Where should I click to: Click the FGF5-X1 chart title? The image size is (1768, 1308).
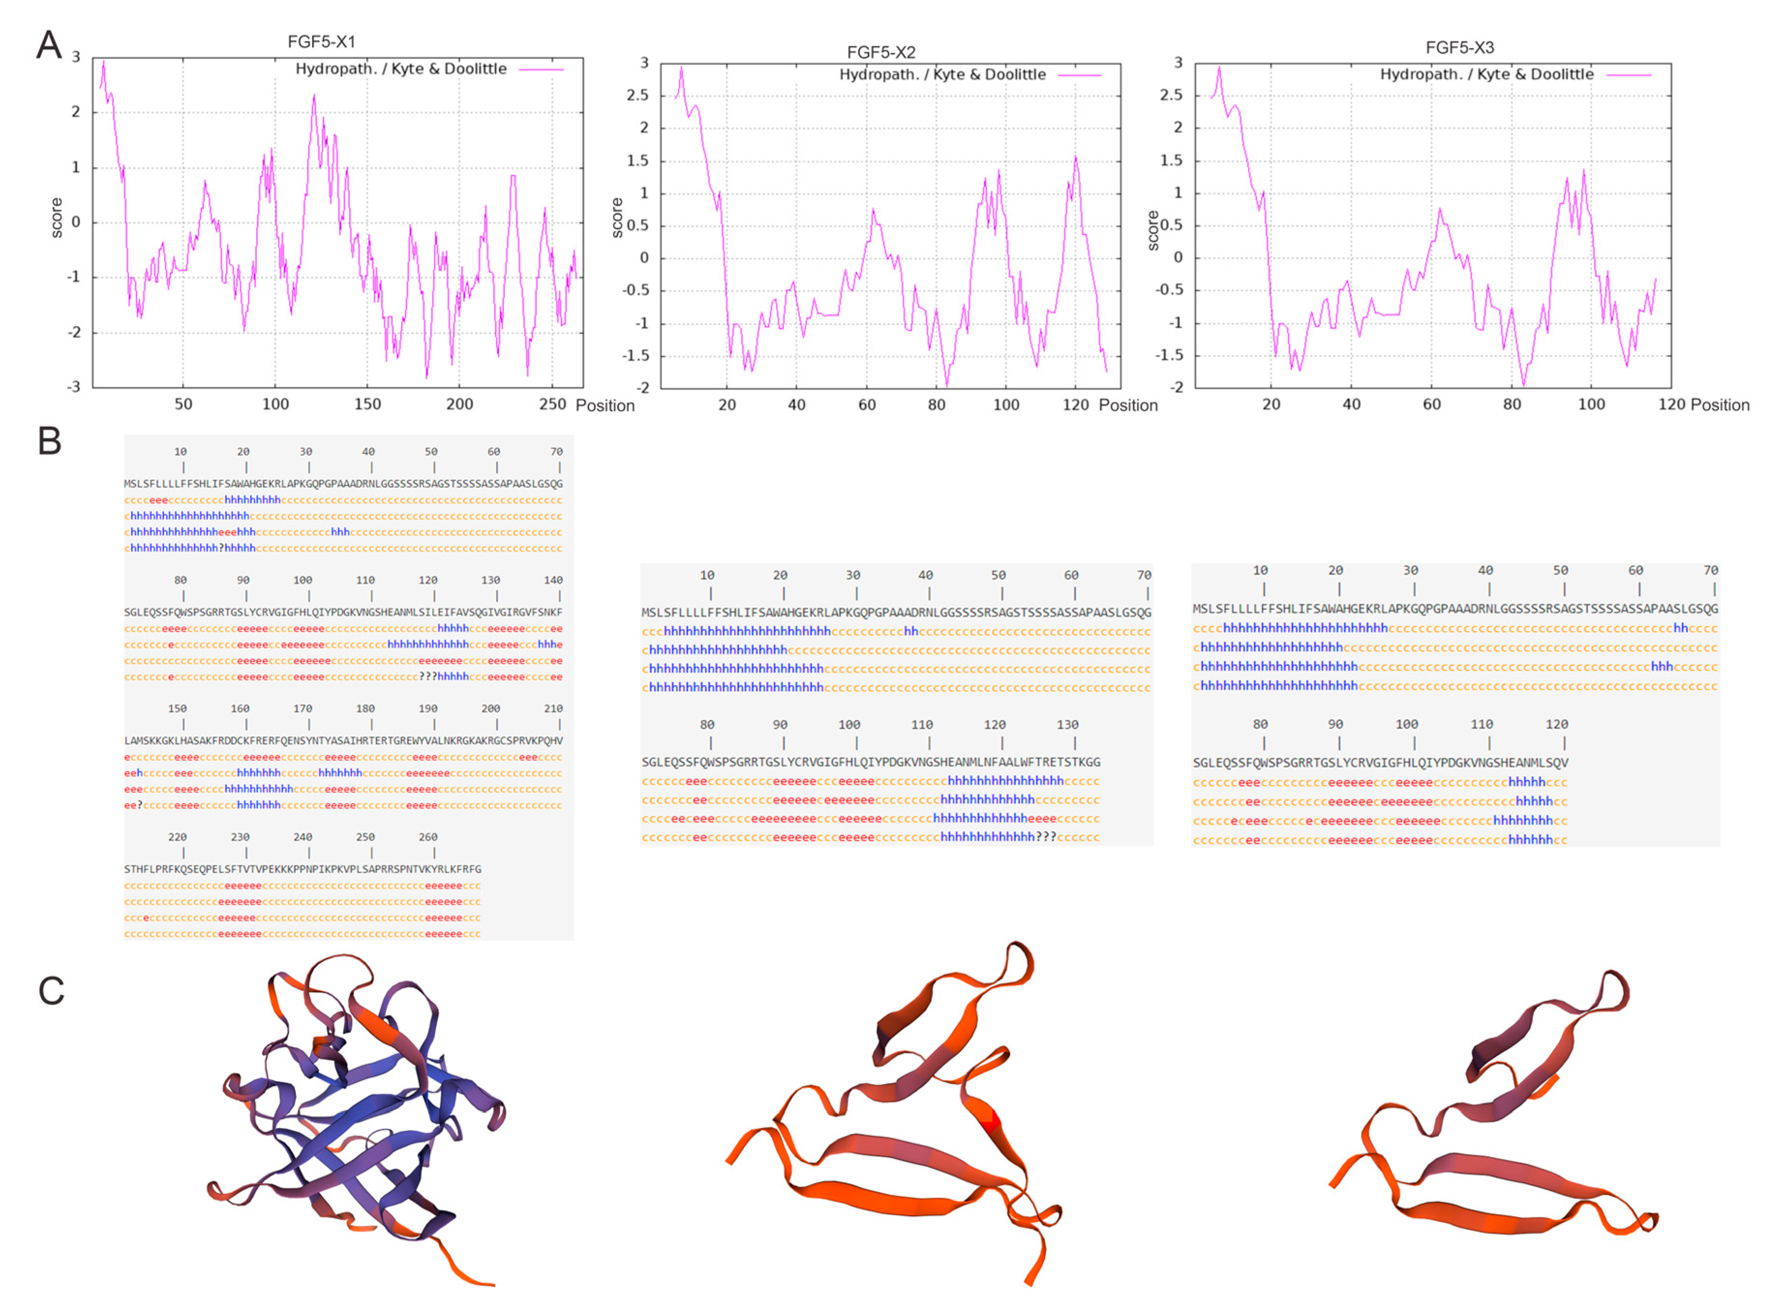tap(321, 41)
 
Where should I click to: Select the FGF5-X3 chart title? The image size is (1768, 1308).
tap(1459, 47)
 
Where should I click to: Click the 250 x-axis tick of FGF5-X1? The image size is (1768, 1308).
tap(552, 404)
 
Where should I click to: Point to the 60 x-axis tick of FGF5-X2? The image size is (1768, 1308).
tap(867, 405)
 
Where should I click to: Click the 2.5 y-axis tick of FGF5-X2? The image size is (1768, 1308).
tap(637, 95)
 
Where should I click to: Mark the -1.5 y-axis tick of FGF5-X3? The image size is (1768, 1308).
tap(1171, 355)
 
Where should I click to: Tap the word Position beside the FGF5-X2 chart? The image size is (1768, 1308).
tap(1128, 406)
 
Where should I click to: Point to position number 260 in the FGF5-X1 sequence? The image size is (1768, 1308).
tap(427, 837)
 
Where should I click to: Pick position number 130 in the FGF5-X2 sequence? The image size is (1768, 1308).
tap(1067, 724)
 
